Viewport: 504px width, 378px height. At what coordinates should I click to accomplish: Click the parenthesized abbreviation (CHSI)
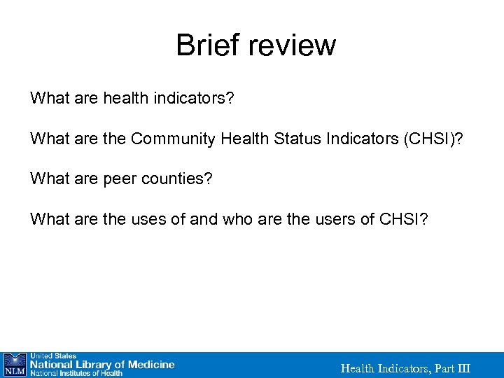point(434,139)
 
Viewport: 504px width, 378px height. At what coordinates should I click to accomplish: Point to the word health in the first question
point(125,97)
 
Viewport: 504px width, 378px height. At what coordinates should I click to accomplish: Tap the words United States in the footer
point(52,356)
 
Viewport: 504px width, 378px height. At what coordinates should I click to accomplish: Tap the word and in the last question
point(204,220)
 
